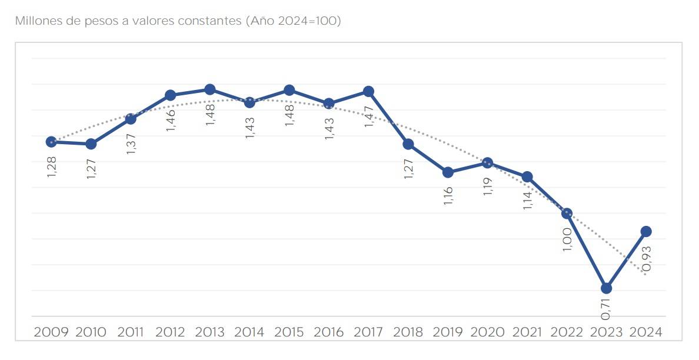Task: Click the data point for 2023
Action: pos(607,288)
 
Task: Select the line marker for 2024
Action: pos(646,231)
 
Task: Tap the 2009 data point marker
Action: pos(51,142)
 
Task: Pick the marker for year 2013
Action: pos(209,89)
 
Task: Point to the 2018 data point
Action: pos(408,144)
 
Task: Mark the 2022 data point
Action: pos(567,214)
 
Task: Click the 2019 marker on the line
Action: pos(448,172)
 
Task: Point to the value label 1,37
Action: pos(131,144)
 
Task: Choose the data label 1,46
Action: pos(171,119)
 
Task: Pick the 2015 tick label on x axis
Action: pos(289,332)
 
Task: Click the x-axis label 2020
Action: pos(487,332)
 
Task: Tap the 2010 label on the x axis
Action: pos(91,332)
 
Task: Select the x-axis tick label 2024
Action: pos(646,332)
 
